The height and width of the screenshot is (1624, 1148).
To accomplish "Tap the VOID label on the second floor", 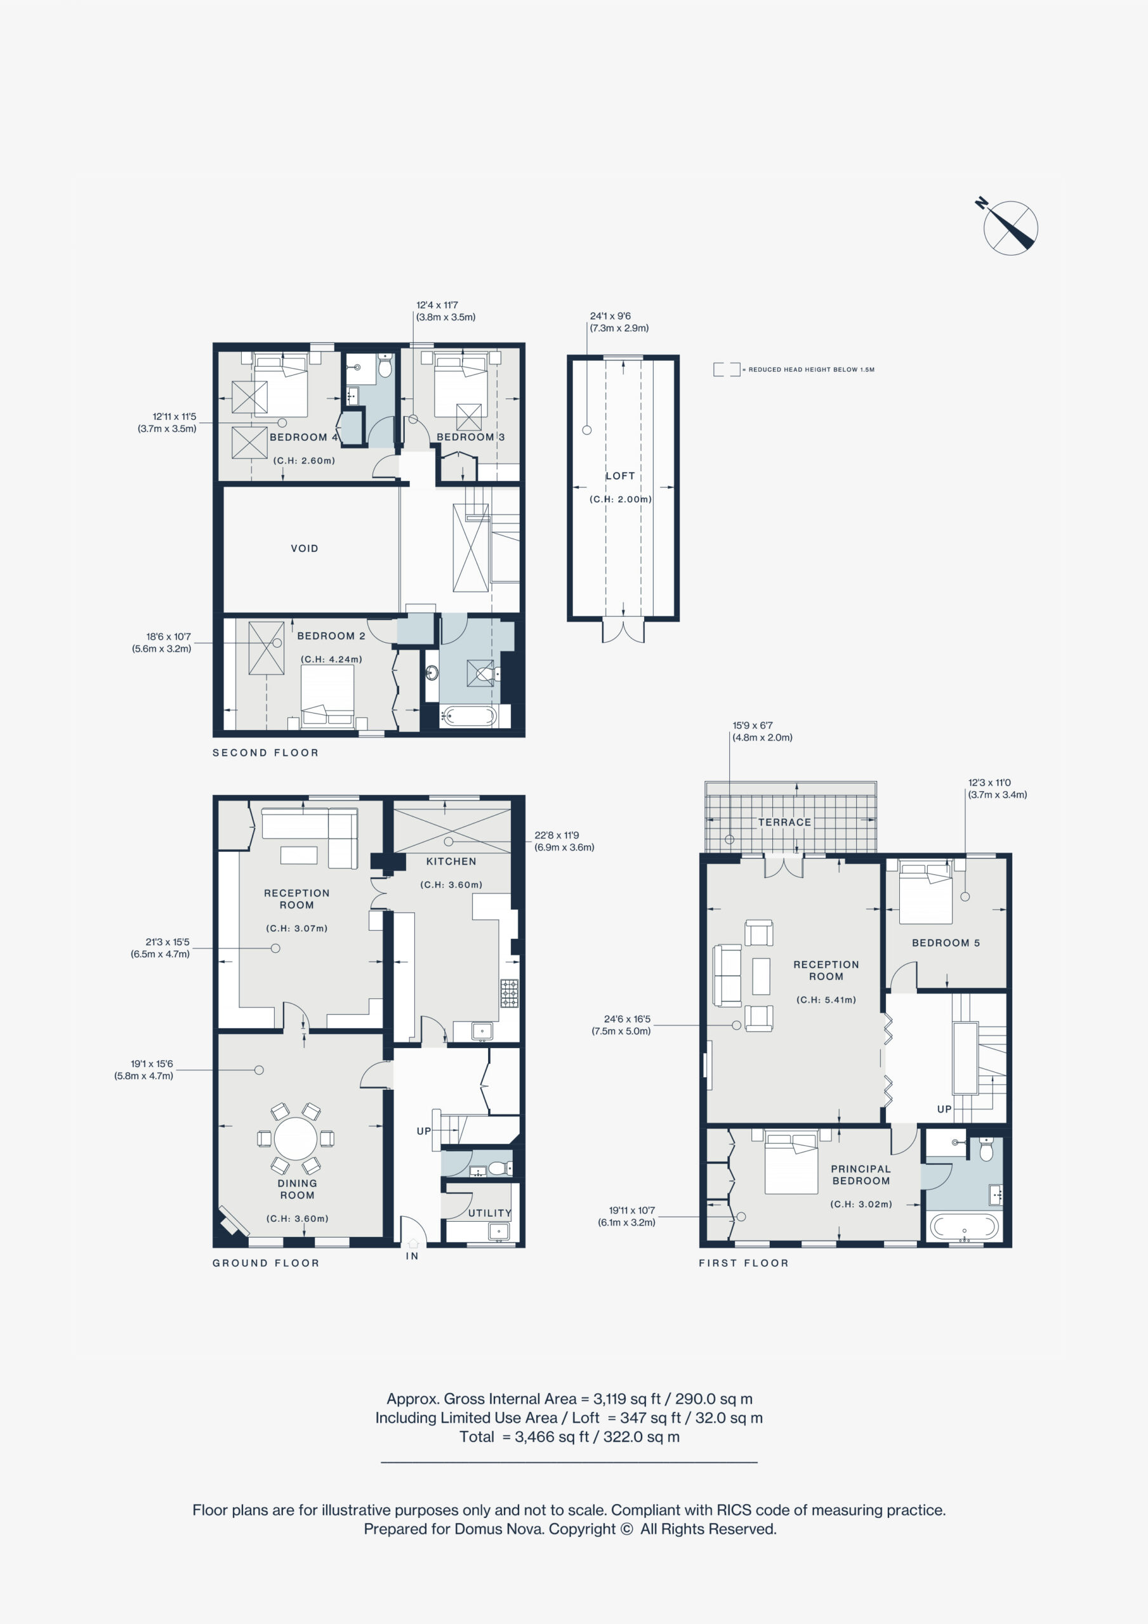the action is (305, 548).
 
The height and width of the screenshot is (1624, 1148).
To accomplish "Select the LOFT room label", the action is (620, 476).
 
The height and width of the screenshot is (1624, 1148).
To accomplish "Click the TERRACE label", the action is (784, 822).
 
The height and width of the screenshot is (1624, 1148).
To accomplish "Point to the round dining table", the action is (296, 1139).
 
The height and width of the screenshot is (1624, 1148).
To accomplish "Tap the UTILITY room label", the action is (489, 1212).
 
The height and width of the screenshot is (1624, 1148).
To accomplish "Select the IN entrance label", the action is (412, 1256).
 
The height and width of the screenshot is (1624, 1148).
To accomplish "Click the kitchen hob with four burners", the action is (509, 993).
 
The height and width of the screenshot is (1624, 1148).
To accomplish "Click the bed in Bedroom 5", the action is (926, 893).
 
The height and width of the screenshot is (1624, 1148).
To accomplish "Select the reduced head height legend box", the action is (726, 369).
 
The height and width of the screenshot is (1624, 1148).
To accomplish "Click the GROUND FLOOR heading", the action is (266, 1262).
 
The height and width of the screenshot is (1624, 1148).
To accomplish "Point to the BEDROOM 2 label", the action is (331, 636).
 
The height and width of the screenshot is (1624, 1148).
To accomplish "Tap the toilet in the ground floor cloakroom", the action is (499, 1168).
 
